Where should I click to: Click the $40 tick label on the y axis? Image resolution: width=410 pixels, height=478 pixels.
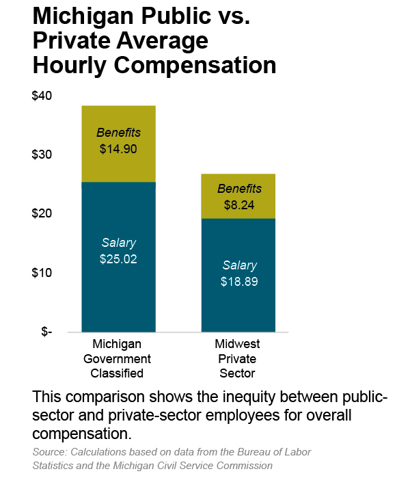(42, 96)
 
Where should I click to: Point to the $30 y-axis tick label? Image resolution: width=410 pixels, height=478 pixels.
(42, 155)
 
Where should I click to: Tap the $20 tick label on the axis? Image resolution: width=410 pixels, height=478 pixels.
(42, 214)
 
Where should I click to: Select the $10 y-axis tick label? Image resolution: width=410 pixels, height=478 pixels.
(42, 273)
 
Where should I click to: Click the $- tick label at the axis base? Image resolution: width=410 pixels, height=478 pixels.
(46, 332)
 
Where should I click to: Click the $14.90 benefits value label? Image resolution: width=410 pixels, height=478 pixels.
(118, 148)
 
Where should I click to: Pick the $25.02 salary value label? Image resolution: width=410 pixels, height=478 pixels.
(118, 259)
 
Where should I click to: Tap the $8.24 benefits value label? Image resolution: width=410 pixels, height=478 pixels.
(238, 204)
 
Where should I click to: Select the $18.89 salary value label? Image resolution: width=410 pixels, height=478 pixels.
(238, 281)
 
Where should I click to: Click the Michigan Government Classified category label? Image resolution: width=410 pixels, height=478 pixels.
(118, 358)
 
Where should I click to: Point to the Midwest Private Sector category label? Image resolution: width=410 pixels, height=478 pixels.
(238, 358)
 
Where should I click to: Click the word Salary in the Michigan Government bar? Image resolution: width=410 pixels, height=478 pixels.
(118, 243)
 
